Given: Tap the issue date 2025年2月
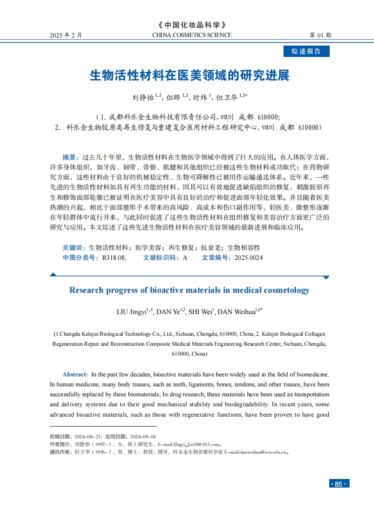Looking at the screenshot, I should point(66,35).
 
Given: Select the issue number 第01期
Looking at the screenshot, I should point(320,35).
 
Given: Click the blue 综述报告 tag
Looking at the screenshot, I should point(306,52).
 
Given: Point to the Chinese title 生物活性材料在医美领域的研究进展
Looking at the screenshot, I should point(189,75).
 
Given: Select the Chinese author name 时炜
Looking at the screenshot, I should point(200,97).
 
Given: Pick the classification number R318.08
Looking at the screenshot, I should point(114,258).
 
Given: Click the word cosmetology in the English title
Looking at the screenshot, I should point(281,290).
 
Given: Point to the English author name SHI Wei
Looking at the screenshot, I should point(200,312).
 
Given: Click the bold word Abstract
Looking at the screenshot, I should point(75,374).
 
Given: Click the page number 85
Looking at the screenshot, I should point(338,484).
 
